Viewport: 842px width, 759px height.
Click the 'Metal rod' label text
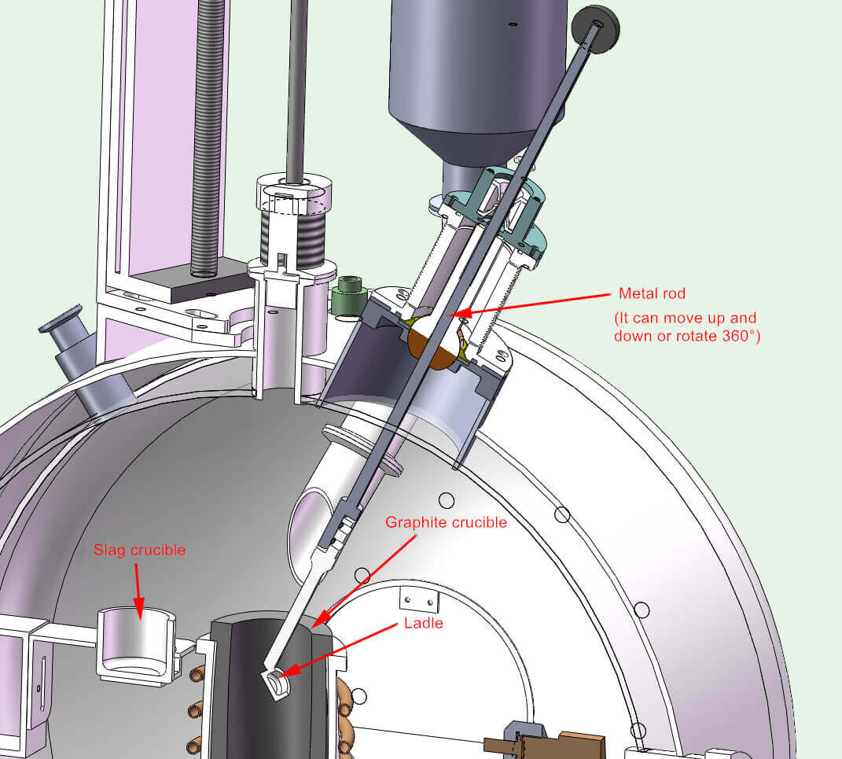pyautogui.click(x=652, y=293)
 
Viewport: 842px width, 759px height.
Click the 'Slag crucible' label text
pyautogui.click(x=140, y=550)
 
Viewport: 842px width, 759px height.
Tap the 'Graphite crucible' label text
pyautogui.click(x=446, y=521)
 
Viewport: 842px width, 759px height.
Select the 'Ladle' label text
pyautogui.click(x=423, y=623)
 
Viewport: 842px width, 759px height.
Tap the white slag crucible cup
pyautogui.click(x=134, y=641)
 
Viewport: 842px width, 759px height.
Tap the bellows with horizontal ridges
pyautogui.click(x=292, y=228)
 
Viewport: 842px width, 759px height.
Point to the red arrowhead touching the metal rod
pyautogui.click(x=464, y=313)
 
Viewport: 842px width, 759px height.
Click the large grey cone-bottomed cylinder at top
pyautogui.click(x=476, y=79)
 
